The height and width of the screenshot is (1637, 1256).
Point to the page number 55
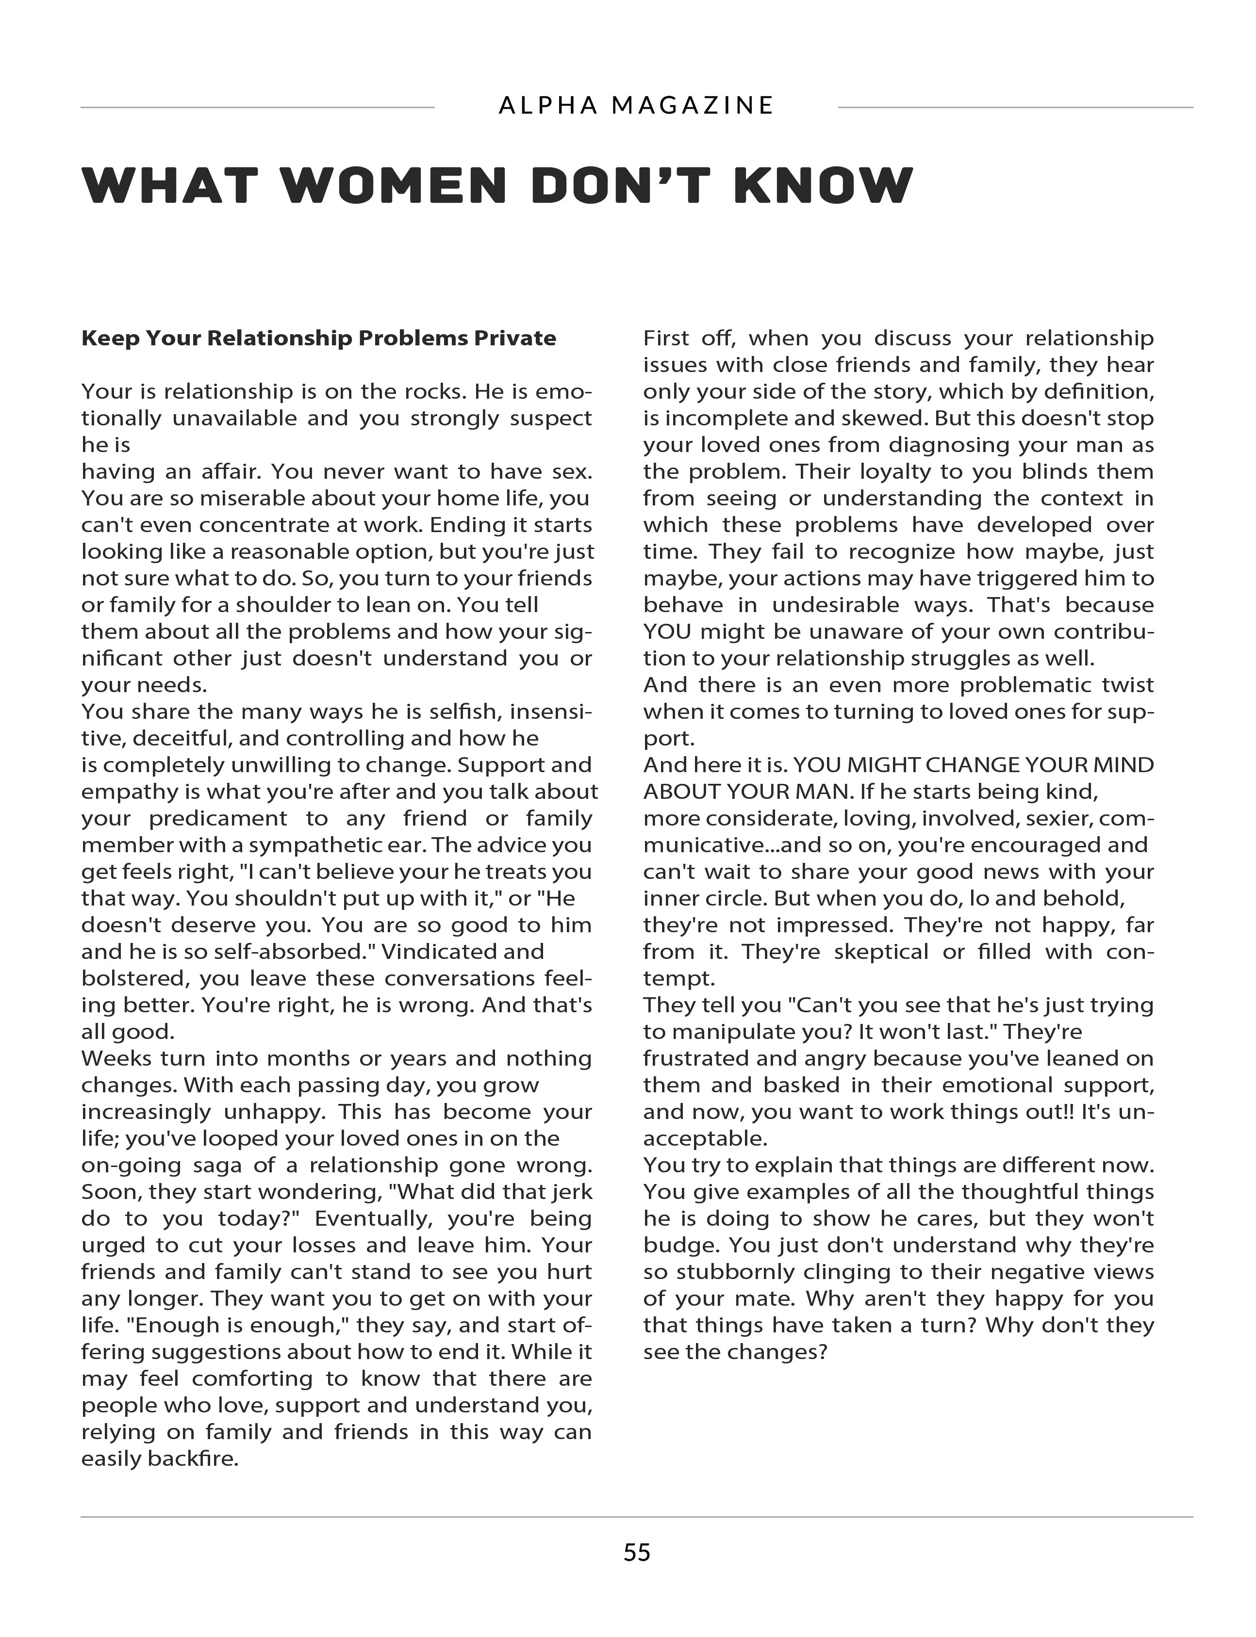click(x=636, y=1553)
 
